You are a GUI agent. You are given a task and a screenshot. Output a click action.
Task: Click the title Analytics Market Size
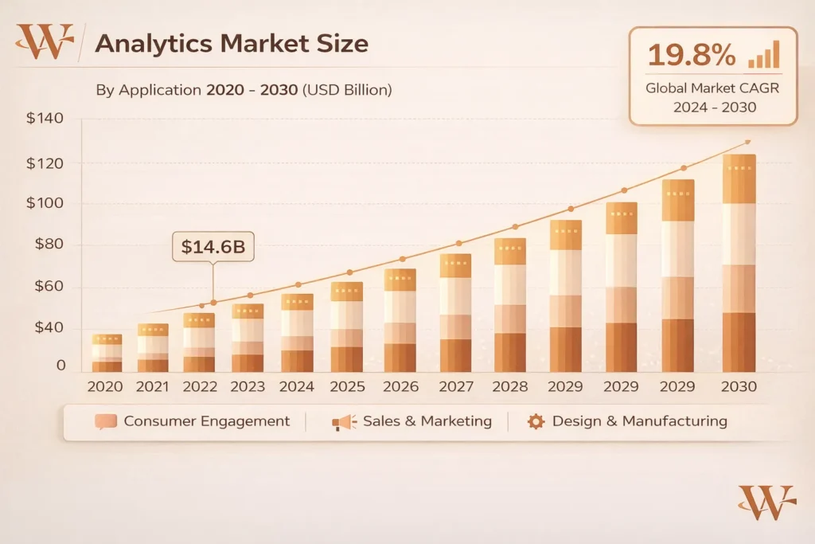[x=231, y=43]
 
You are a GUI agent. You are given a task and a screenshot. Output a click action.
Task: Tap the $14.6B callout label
[x=213, y=247]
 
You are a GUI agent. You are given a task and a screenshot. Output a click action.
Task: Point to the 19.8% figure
[x=690, y=55]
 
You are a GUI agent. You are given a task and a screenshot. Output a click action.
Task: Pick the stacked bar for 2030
[x=739, y=263]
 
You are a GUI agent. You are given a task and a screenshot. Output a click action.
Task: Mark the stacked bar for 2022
[x=199, y=342]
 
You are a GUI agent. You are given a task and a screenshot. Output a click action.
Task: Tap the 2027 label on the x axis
[x=454, y=386]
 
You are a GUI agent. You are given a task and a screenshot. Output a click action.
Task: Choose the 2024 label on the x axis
[x=297, y=386]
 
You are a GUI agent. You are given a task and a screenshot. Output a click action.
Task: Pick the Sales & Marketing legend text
[x=427, y=421]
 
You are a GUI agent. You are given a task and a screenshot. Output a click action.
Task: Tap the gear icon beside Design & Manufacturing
[x=536, y=421]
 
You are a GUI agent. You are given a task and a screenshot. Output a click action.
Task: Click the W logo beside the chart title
[x=45, y=41]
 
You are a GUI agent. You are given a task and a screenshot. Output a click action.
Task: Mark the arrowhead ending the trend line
[x=747, y=142]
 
